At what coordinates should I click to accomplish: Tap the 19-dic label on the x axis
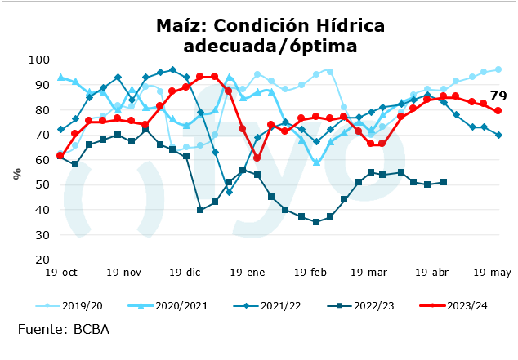tap(187, 273)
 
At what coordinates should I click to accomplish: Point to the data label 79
tap(498, 96)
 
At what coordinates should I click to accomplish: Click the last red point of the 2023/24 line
tap(498, 111)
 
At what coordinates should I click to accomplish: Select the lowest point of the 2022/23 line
tap(316, 222)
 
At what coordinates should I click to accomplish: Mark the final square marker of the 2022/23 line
tap(444, 182)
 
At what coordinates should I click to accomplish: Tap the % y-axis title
tap(17, 172)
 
